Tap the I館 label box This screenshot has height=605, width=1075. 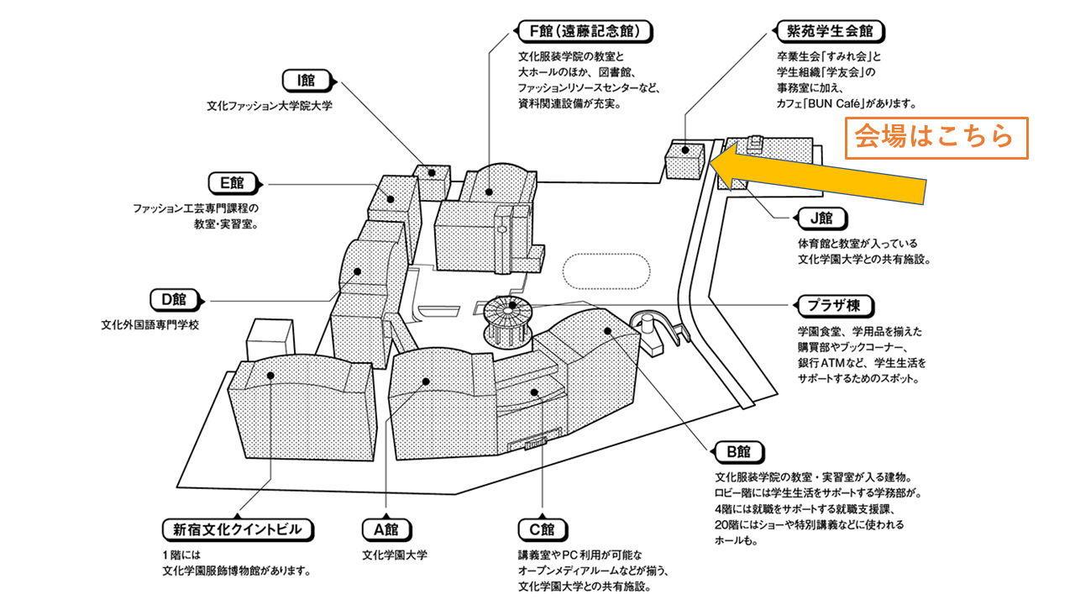(305, 81)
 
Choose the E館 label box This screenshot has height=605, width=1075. (231, 182)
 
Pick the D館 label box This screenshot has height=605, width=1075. (173, 299)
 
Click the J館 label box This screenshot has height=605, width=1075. (821, 218)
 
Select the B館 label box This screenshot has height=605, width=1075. (738, 452)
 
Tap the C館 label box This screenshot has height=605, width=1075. (542, 530)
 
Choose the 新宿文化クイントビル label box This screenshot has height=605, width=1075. (237, 530)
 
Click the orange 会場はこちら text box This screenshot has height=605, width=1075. (936, 136)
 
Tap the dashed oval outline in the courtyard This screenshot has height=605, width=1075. (606, 272)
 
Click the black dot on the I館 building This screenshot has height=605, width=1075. (433, 172)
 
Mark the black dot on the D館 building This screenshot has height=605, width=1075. (358, 271)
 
